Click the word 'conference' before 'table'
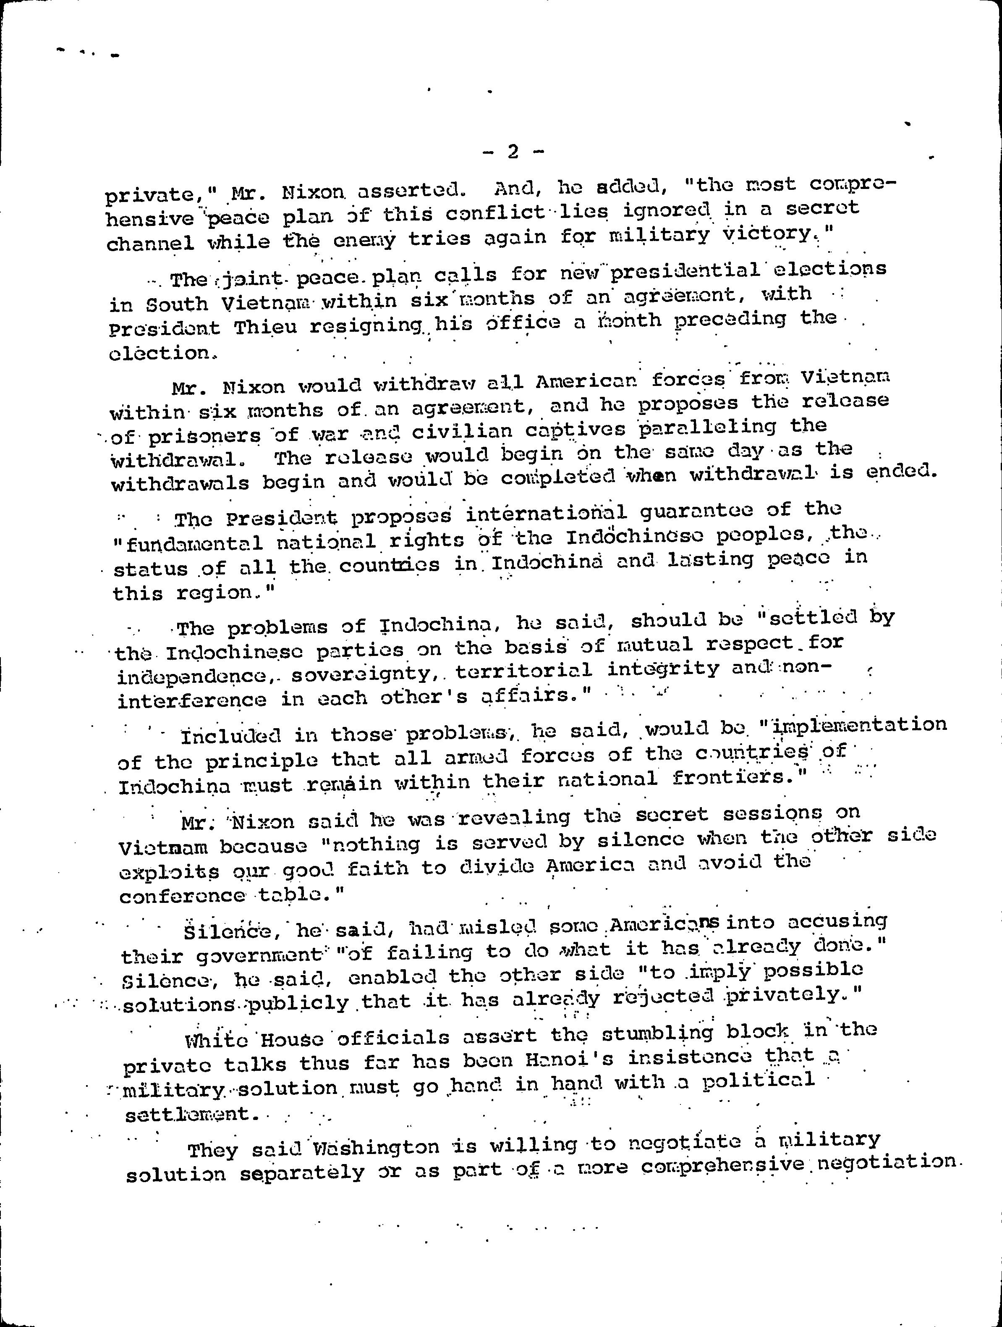182,896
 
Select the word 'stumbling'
657,1034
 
